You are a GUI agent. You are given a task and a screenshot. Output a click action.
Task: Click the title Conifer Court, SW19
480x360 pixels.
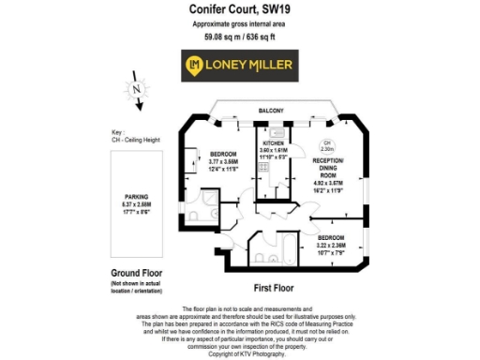point(240,9)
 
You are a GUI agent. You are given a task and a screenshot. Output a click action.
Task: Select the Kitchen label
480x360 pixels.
point(272,142)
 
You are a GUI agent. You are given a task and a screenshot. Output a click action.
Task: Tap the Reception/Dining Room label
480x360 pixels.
point(328,168)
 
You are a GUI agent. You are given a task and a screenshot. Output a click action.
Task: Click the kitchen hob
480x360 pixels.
point(265,172)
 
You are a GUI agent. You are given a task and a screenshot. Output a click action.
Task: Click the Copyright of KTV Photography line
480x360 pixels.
point(240,353)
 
